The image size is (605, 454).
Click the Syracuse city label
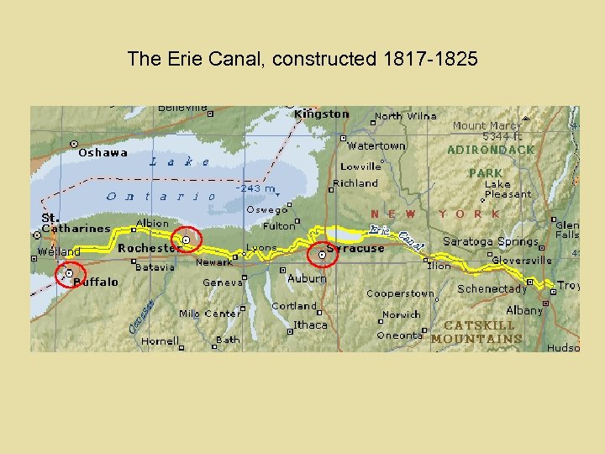[355, 248]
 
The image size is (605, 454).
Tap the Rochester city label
[150, 248]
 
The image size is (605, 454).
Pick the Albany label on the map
[524, 310]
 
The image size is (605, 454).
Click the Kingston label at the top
[322, 113]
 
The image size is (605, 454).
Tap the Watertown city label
[376, 145]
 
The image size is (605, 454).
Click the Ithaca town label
[310, 325]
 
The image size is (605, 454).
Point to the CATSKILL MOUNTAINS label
[477, 332]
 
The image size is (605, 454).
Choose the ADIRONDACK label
[491, 150]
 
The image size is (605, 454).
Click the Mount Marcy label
[487, 126]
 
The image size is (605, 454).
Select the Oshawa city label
[103, 152]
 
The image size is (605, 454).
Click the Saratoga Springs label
[491, 242]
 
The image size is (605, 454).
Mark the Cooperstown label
[400, 293]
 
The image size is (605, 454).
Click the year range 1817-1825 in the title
[429, 59]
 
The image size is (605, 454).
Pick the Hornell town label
[160, 341]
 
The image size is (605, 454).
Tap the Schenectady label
[492, 288]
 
